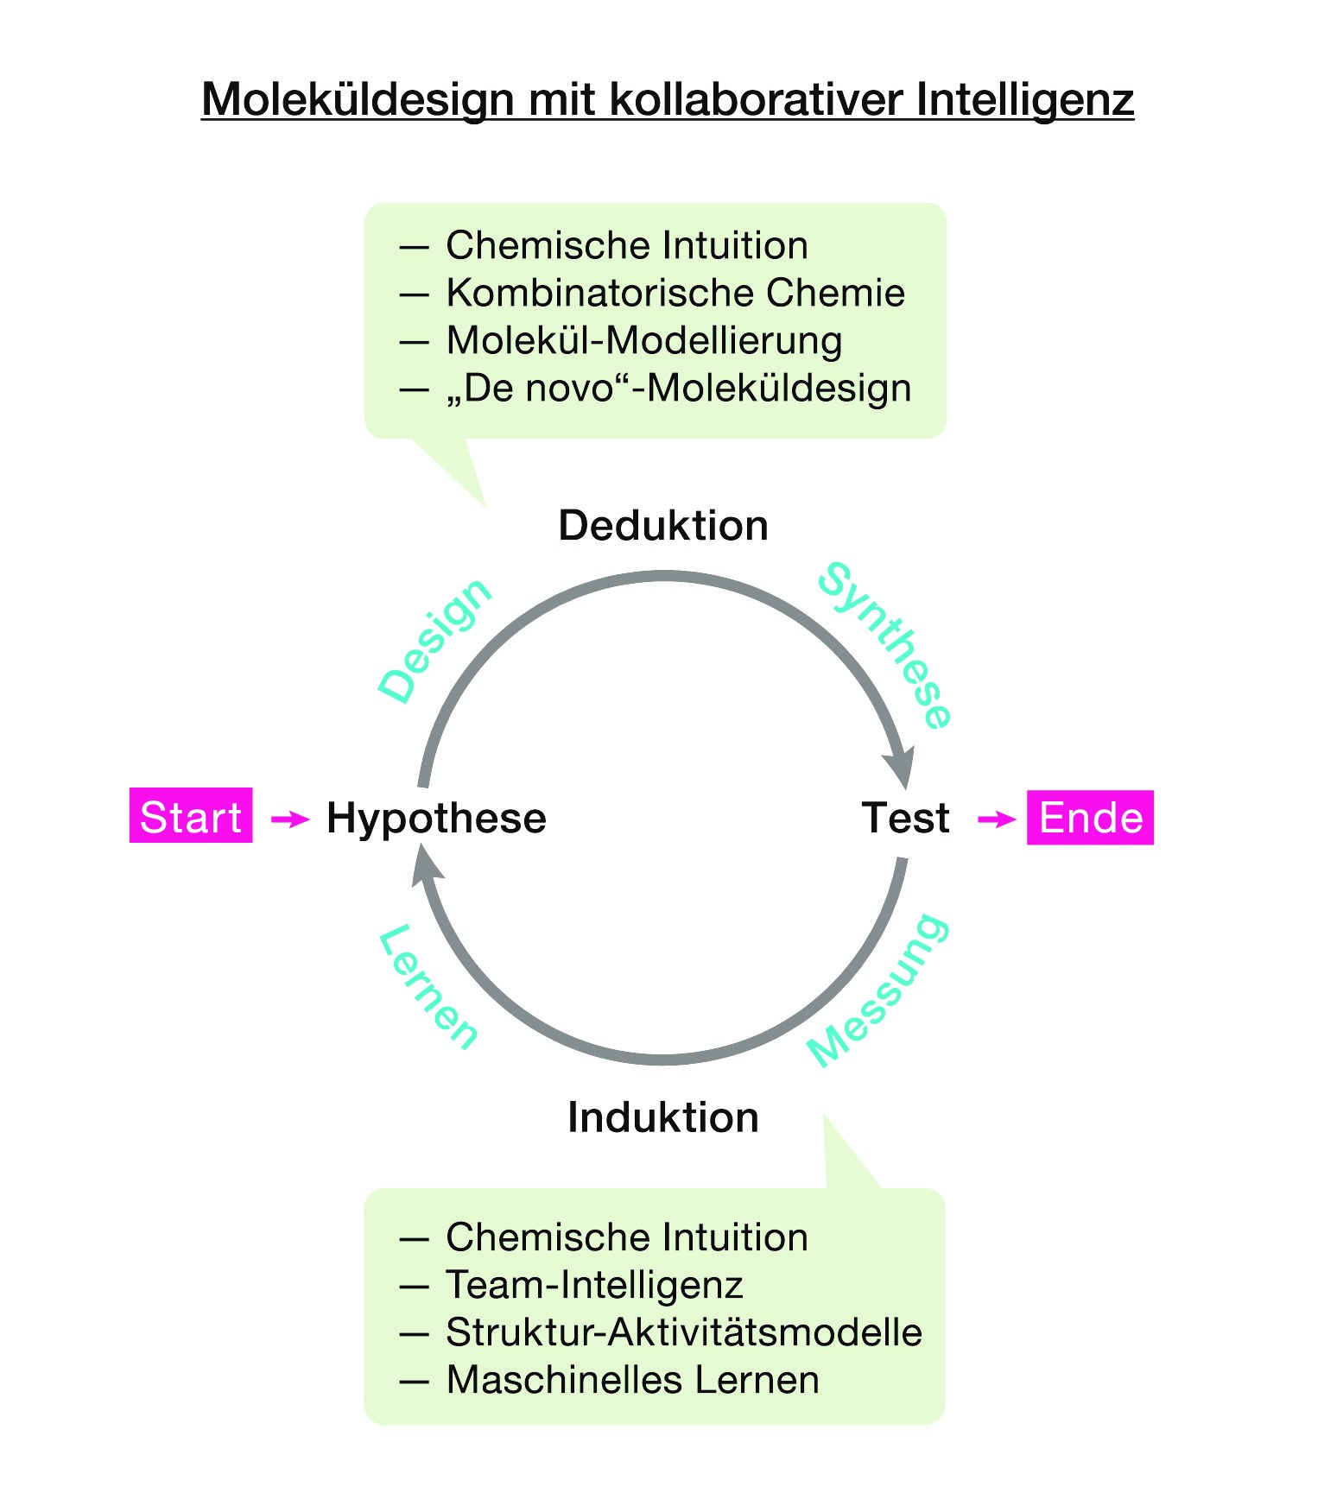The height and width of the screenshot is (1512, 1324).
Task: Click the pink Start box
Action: coord(190,815)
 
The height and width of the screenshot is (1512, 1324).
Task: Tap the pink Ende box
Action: coord(1090,817)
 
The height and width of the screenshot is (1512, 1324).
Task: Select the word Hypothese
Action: coord(436,818)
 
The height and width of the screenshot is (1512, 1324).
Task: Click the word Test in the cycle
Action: coord(905,817)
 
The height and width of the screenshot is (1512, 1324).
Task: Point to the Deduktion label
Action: coord(663,525)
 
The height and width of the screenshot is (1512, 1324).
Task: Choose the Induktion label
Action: coord(663,1117)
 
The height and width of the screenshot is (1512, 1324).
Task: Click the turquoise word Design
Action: coord(434,640)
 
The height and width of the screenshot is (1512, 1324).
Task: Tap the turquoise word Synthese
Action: coord(885,644)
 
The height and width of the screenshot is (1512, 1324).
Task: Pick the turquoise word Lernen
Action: coord(429,987)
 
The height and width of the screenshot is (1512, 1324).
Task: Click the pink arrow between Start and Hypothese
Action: coord(290,819)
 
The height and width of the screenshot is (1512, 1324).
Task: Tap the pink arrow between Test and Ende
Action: coord(997,819)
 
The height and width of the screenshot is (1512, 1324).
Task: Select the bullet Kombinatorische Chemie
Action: coord(675,293)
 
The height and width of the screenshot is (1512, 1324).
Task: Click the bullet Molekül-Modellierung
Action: coord(643,340)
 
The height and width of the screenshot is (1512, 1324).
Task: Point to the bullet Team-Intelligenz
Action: coord(594,1285)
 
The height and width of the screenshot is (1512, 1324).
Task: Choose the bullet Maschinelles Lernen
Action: coord(632,1380)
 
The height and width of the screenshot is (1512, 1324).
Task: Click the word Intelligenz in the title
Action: coord(1024,99)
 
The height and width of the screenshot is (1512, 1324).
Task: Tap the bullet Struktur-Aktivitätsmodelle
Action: coord(683,1332)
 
